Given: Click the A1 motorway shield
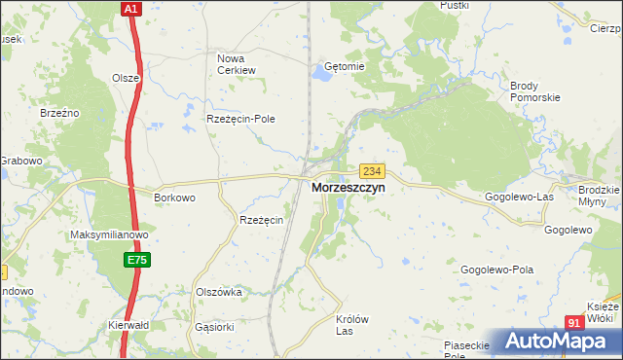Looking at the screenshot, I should click(x=132, y=8).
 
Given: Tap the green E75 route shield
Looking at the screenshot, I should click(x=136, y=260).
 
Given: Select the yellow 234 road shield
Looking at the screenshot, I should click(x=370, y=169).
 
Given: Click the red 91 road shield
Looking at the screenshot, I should click(x=574, y=323).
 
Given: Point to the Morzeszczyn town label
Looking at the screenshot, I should click(x=348, y=188).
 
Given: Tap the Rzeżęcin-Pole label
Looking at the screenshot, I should click(x=240, y=119).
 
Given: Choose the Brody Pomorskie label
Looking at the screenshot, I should click(x=535, y=91).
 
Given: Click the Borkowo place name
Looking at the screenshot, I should click(x=175, y=198).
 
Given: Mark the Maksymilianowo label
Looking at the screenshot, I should click(x=109, y=235).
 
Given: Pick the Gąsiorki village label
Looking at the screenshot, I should click(x=215, y=328).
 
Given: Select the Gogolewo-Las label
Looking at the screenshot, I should click(x=520, y=197).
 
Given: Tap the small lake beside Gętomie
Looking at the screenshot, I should click(x=321, y=72).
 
